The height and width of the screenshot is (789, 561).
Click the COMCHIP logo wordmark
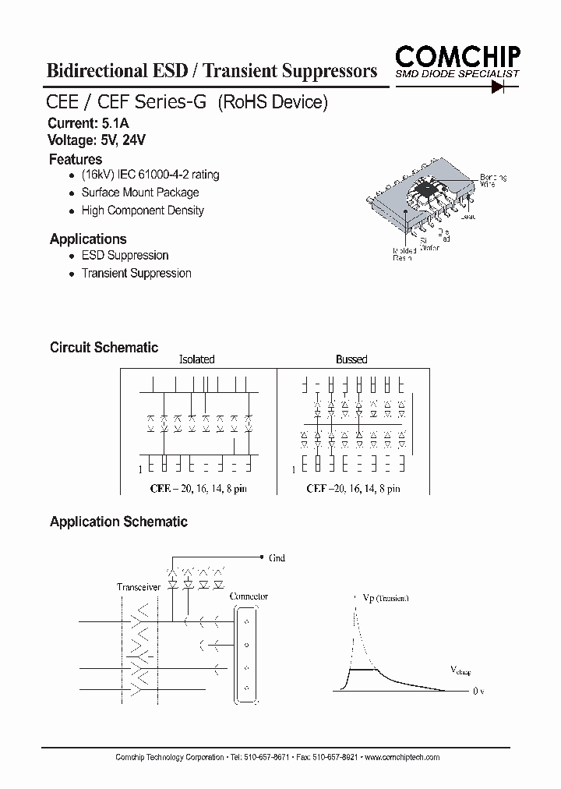point(457,55)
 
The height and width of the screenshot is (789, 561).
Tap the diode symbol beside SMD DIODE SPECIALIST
point(500,85)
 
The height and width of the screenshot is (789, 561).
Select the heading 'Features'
point(76,160)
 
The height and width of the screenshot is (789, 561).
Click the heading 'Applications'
point(88,239)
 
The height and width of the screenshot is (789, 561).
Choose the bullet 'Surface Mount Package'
point(140,193)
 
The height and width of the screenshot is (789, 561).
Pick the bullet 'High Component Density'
point(143,211)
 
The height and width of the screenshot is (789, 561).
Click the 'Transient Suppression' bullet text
point(136,274)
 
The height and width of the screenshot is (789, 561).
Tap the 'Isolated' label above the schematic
point(197,359)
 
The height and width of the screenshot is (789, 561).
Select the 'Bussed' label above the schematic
point(351,359)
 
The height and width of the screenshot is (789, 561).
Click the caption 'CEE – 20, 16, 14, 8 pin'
point(202,489)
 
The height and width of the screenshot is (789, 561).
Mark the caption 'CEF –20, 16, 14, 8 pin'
point(353,489)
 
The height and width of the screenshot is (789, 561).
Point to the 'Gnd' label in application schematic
point(277,558)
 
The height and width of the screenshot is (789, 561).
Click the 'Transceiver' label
point(139,587)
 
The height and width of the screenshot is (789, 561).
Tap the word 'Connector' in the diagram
point(249,596)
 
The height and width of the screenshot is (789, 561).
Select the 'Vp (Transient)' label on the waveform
point(386,598)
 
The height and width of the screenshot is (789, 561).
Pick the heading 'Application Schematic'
point(118,522)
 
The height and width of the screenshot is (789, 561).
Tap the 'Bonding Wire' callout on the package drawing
point(492,181)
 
